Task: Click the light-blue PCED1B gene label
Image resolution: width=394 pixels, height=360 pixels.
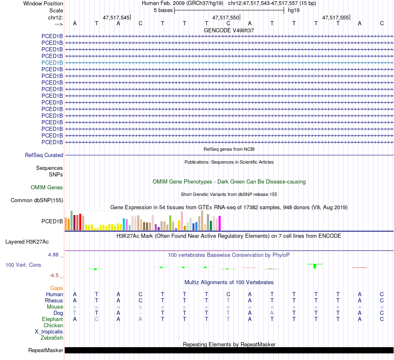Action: (x=52, y=63)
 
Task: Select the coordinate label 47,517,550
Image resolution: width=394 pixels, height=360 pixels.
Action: (x=226, y=18)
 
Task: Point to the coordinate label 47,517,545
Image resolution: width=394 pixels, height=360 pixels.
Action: (x=116, y=18)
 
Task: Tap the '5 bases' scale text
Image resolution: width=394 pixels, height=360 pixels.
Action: (x=163, y=10)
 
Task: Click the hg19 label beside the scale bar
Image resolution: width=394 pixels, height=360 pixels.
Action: (x=294, y=10)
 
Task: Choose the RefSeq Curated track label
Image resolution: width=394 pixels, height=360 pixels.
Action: (x=44, y=155)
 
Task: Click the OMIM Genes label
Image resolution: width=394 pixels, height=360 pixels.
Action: (x=47, y=188)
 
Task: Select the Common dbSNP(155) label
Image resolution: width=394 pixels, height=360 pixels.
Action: (x=37, y=201)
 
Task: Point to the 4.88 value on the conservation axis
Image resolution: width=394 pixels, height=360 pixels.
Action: (x=54, y=254)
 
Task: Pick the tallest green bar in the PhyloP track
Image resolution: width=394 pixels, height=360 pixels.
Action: (x=315, y=266)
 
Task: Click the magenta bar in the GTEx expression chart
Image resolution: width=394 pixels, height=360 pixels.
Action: (x=220, y=224)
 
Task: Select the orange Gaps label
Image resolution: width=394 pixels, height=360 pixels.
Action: (x=56, y=288)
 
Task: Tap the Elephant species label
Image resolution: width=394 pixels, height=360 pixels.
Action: (x=52, y=319)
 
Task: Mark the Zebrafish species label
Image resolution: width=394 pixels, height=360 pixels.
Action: (x=52, y=338)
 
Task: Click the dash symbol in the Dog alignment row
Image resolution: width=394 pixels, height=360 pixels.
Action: (x=140, y=313)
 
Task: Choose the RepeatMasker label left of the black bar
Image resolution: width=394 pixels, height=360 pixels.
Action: (x=46, y=350)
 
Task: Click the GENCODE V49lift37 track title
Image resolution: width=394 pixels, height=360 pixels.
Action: (x=229, y=30)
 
